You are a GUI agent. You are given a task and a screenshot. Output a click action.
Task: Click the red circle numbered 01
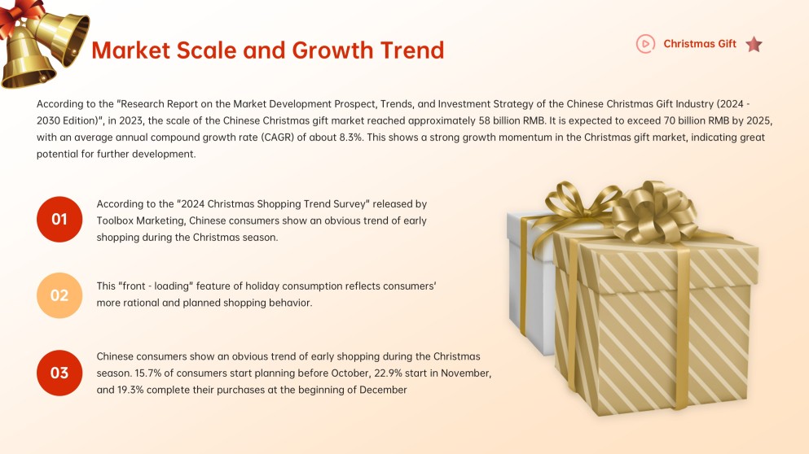[59, 219]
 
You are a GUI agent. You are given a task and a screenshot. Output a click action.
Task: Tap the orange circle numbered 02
[59, 295]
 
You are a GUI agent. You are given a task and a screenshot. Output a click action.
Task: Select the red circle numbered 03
[59, 373]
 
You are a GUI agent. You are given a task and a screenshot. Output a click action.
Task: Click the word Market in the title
[131, 50]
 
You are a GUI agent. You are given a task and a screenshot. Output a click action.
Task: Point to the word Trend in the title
[412, 50]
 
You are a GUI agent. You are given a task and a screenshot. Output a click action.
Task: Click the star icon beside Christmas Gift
[754, 44]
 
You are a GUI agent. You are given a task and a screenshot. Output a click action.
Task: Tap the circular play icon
[645, 44]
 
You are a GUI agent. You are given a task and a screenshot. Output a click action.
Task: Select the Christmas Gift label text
[700, 44]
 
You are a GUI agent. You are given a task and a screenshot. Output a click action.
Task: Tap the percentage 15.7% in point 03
[146, 373]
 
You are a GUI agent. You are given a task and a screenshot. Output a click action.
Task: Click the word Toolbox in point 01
[115, 220]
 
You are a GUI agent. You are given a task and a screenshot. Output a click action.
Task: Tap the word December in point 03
[383, 390]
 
